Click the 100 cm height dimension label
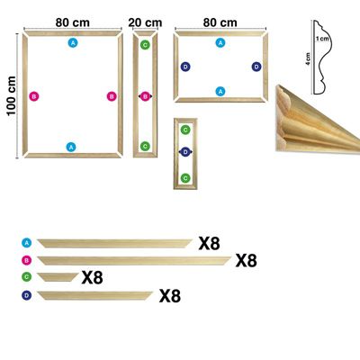[12, 96]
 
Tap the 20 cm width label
[145, 22]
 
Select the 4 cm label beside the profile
[308, 59]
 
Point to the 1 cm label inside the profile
[322, 39]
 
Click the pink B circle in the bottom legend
[27, 260]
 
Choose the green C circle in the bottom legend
[27, 276]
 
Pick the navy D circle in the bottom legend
[27, 295]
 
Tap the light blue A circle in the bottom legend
[27, 243]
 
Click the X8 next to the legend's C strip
[92, 277]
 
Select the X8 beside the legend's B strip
[246, 260]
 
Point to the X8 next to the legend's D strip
[170, 296]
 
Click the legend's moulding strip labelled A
[115, 243]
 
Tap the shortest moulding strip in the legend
[58, 277]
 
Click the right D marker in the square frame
[256, 67]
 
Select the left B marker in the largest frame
[34, 96]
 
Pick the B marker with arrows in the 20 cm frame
[145, 96]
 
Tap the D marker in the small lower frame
[185, 152]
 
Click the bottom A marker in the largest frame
[71, 147]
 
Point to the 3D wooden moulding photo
[317, 120]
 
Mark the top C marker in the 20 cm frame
[145, 45]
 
